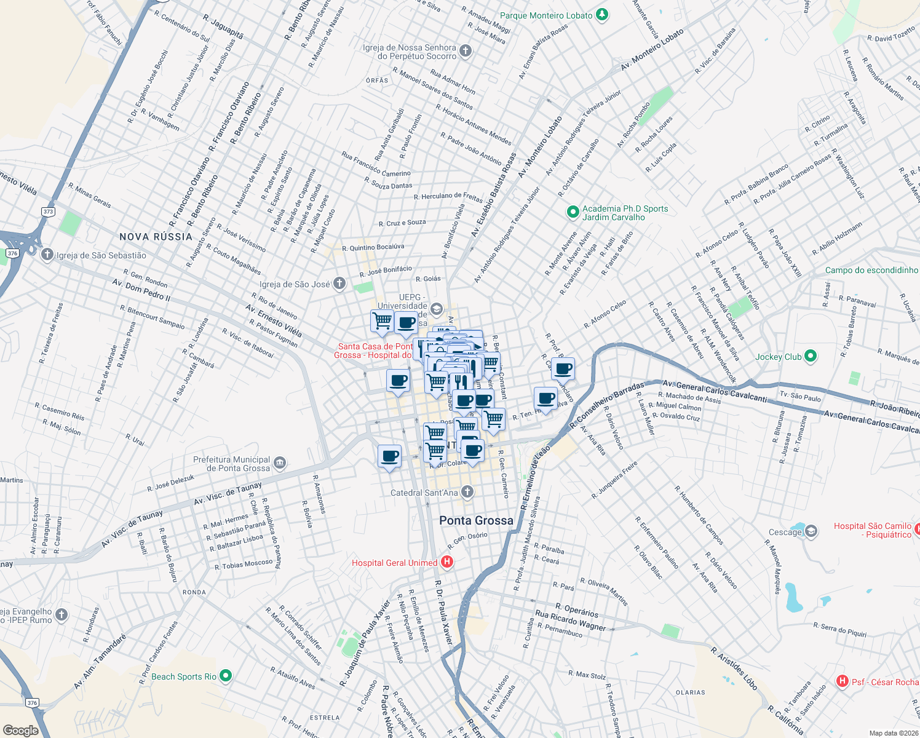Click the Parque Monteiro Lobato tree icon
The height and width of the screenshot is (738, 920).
click(x=602, y=15)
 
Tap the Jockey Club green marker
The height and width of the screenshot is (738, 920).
click(x=811, y=356)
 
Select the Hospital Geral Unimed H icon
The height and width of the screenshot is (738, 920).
click(x=447, y=562)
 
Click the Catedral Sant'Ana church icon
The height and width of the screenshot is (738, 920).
click(x=467, y=492)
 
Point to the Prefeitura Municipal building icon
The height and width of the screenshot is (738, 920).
click(x=280, y=463)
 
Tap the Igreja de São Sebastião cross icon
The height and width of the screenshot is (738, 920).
click(x=47, y=255)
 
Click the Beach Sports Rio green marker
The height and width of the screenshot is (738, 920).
click(x=226, y=676)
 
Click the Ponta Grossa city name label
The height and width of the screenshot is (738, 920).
click(x=476, y=520)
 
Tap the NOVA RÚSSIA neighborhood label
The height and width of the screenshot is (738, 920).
click(x=156, y=237)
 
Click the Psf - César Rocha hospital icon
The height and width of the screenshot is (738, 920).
click(x=843, y=681)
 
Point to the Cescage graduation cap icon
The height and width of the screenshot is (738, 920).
click(x=811, y=532)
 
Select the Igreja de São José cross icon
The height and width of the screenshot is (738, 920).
click(x=339, y=284)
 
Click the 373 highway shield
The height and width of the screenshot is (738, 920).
click(x=49, y=212)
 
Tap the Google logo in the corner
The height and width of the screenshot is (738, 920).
click(x=20, y=730)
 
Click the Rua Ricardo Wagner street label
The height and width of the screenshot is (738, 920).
click(x=571, y=620)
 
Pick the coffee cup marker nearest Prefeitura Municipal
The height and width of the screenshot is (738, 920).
click(x=389, y=457)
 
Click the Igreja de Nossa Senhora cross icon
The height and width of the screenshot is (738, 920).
click(x=466, y=51)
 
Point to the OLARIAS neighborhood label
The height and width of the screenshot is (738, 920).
click(x=690, y=692)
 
